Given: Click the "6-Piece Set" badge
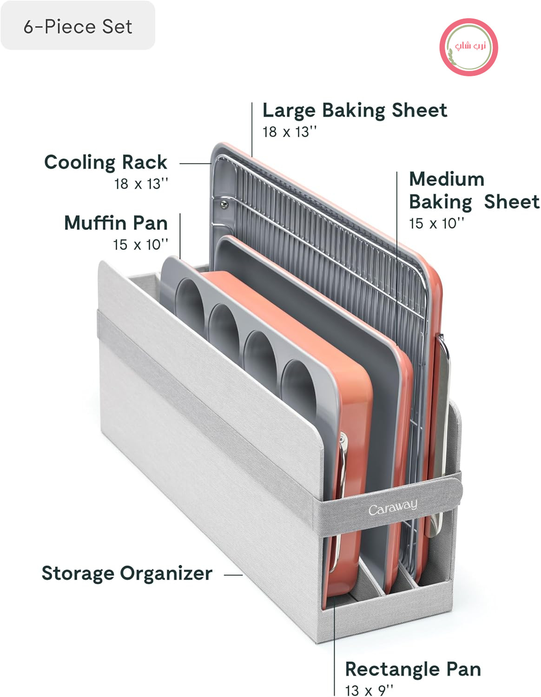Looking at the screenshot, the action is pos(78,26).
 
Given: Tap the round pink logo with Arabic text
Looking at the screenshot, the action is pos(468,47).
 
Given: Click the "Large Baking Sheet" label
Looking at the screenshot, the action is pos(355,111).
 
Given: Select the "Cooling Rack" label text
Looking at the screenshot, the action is pos(106,162).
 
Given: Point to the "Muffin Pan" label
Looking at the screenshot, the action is pos(116,223).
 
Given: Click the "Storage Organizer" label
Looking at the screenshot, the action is pos(127,573).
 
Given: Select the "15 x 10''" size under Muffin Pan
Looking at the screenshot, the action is pos(140,245).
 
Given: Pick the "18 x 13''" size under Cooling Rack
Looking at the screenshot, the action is pos(141,184).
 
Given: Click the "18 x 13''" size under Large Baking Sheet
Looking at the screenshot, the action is pos(290,132).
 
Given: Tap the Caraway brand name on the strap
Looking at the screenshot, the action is pos(393,507).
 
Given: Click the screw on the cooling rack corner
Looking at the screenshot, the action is pos(224,204).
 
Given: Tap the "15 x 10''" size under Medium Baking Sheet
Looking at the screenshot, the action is pos(436,224).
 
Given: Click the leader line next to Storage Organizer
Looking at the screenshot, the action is pos(233,575).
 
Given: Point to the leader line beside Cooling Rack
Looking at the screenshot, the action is pos(195,164).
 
